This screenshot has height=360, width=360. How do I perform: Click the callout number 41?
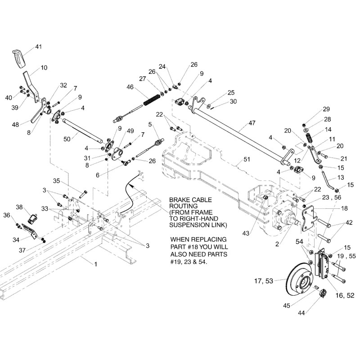38,46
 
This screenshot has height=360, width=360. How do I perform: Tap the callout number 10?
44,68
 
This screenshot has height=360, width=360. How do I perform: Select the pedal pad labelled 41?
18,59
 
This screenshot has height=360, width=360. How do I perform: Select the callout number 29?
326,109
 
